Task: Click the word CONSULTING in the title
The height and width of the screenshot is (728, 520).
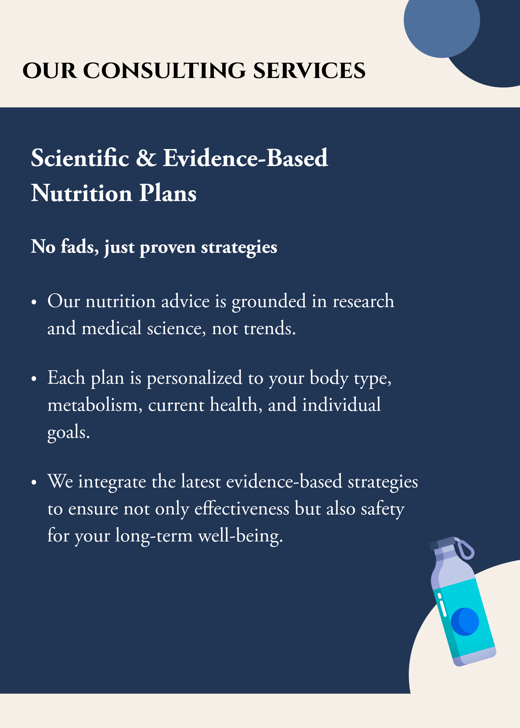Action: [165, 71]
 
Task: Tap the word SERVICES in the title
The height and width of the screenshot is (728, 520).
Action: [309, 71]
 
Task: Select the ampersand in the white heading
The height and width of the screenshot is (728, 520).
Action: [146, 158]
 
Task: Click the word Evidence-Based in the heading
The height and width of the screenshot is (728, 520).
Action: [245, 158]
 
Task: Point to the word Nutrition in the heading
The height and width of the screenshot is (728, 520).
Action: [82, 193]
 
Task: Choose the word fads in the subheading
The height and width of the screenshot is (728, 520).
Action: [80, 247]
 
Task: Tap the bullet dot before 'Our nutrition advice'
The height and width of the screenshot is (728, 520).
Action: [34, 302]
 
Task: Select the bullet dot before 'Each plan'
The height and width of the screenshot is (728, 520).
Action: [34, 379]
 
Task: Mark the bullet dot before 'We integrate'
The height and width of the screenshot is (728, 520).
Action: [34, 483]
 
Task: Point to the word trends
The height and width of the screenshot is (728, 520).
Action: [270, 329]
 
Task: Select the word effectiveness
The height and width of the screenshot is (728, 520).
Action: [242, 509]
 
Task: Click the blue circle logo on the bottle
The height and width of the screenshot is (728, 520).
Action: [465, 622]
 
